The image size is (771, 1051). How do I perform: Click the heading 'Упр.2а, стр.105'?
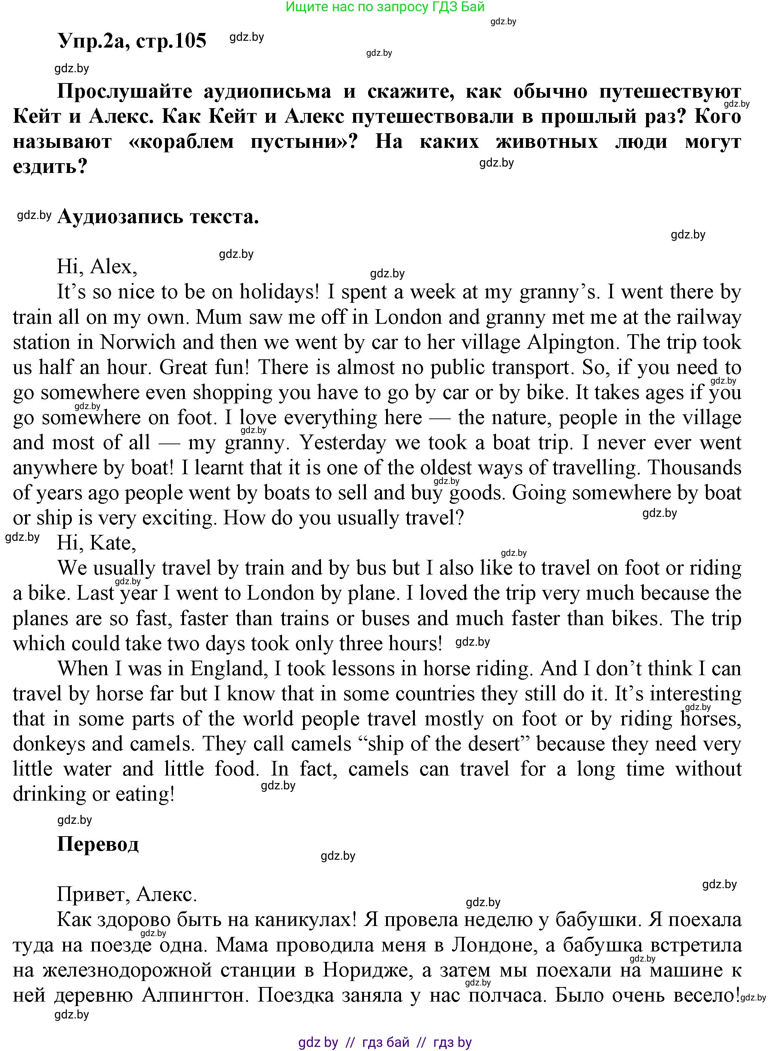pyautogui.click(x=132, y=41)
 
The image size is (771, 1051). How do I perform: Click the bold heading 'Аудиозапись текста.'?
pyautogui.click(x=158, y=217)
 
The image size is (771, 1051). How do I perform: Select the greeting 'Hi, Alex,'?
pyautogui.click(x=97, y=266)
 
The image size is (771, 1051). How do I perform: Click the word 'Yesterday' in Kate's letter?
pyautogui.click(x=343, y=443)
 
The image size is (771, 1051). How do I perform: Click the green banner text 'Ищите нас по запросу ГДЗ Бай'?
pyautogui.click(x=385, y=7)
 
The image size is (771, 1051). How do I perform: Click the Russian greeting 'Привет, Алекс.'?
pyautogui.click(x=127, y=895)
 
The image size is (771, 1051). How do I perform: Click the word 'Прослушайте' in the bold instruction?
pyautogui.click(x=124, y=91)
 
